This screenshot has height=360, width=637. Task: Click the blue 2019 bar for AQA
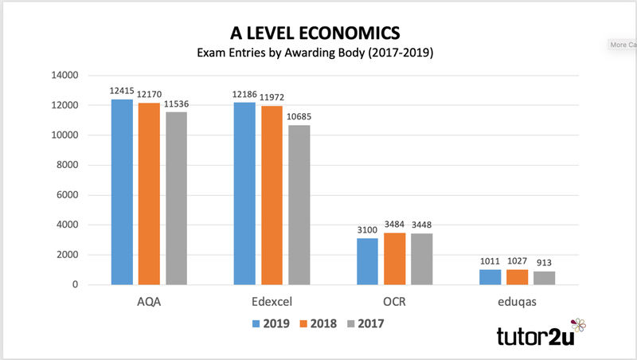122,192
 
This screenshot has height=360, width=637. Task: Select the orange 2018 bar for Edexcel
272,195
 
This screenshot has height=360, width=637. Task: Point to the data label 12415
122,92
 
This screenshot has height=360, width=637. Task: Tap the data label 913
544,264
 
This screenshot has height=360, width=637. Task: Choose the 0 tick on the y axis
74,285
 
